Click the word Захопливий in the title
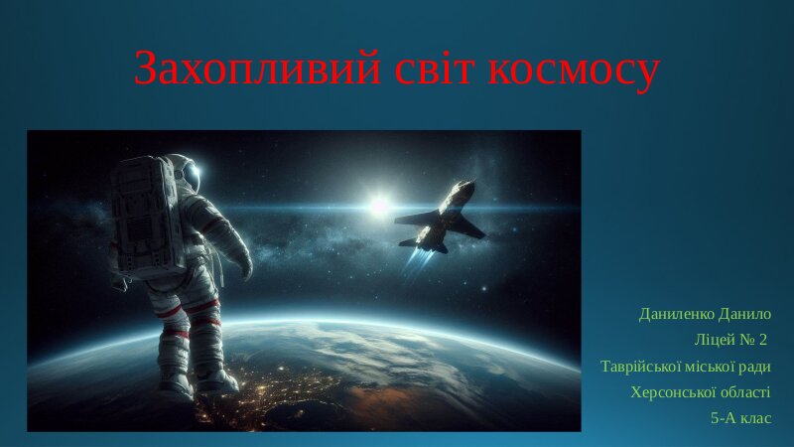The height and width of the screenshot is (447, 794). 257,68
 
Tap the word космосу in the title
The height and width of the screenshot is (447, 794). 575,72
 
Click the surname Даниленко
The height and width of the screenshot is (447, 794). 677,314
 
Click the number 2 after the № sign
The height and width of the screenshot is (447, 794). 763,340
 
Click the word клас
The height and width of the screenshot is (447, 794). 756,418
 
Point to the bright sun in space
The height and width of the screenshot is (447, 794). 379,205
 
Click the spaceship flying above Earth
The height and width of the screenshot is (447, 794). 440,217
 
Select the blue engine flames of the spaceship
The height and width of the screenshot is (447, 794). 418,263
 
